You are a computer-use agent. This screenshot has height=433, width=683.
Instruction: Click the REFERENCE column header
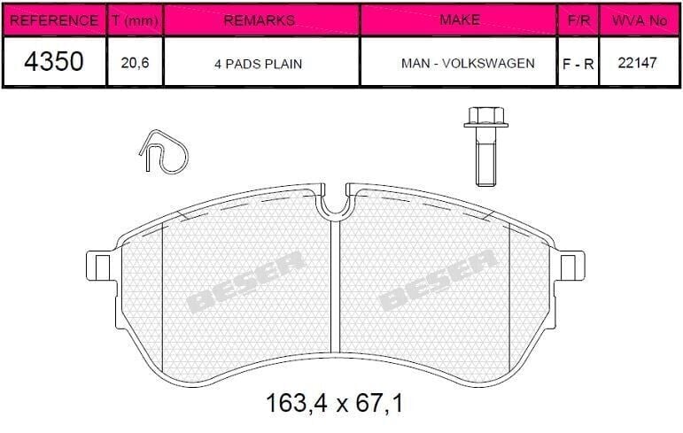point(52,19)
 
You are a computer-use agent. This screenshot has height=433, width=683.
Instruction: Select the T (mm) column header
point(134,19)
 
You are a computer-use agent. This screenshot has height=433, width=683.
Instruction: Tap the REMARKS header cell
point(260,19)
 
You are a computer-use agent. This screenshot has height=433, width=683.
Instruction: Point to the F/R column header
point(577,19)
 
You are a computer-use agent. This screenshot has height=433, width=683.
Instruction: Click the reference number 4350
point(52,62)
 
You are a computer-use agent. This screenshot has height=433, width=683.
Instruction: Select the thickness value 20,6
point(134,63)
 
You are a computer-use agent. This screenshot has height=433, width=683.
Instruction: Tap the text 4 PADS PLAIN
point(260,63)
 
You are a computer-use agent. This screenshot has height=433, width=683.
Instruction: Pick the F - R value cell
point(577,63)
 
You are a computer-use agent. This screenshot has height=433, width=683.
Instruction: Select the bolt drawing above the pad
point(483,146)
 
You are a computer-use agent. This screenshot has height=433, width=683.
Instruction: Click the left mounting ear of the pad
point(99,266)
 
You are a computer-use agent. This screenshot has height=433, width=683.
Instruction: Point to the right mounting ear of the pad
point(573,266)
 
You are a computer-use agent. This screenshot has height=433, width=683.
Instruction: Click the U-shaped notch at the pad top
point(335,204)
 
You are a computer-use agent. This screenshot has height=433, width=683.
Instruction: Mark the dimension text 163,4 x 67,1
point(335,405)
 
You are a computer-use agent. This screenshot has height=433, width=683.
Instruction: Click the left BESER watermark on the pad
point(246,282)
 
